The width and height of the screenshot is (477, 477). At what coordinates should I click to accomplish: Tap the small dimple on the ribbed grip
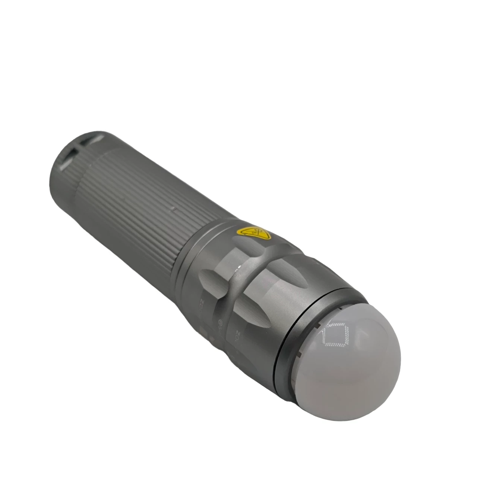(x=173, y=210)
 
